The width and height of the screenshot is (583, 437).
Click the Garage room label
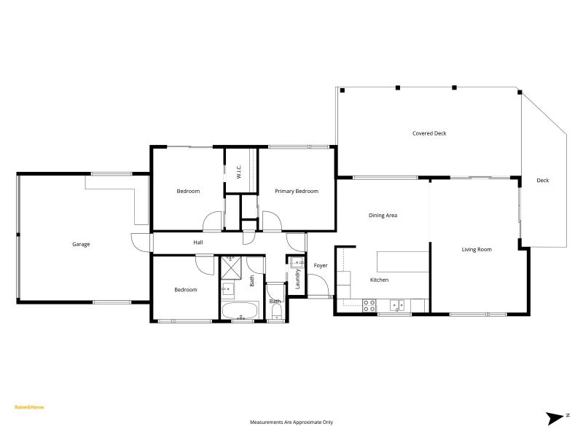click(x=81, y=244)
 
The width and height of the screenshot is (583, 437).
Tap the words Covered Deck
click(x=429, y=133)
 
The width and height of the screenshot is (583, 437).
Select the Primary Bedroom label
click(x=297, y=191)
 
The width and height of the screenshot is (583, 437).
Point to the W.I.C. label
click(x=239, y=172)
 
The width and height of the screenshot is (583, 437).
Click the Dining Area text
click(x=383, y=215)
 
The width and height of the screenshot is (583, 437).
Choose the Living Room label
click(x=477, y=249)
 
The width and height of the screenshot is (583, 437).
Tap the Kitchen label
click(x=379, y=280)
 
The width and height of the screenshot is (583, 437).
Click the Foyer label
click(x=321, y=265)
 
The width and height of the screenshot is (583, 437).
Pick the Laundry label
click(x=297, y=279)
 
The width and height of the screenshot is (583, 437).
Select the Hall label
click(x=197, y=242)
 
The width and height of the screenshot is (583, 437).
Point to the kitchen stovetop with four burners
click(x=369, y=304)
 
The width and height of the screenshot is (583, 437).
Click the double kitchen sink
click(x=398, y=304)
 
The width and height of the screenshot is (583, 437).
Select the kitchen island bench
click(x=402, y=260)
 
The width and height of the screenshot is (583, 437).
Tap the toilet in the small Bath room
click(x=276, y=313)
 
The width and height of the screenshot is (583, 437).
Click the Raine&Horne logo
click(x=29, y=407)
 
